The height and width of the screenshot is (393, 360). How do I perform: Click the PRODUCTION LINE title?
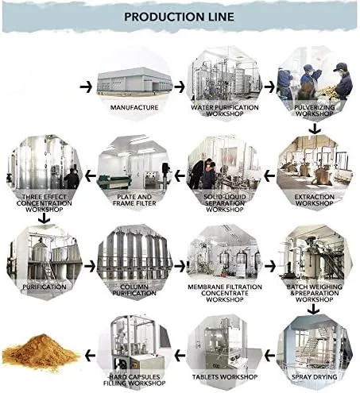[x=179, y=17]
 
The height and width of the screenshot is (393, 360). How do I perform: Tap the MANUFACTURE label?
[x=134, y=107]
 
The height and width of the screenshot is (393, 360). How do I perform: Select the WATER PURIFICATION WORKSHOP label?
[x=225, y=110]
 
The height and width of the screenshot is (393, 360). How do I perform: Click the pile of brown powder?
[x=41, y=351]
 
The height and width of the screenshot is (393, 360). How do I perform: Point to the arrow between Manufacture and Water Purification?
[x=180, y=87]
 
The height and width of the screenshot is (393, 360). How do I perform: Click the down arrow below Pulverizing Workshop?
[x=315, y=129]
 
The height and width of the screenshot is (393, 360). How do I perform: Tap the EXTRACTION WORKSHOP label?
[x=315, y=200]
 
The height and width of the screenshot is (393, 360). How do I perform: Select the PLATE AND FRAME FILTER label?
[x=134, y=200]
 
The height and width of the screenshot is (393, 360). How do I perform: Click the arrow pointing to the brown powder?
[x=90, y=356]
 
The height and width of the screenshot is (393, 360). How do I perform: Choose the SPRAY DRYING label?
[x=315, y=377]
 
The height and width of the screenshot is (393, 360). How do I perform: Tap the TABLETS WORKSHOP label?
[x=225, y=377]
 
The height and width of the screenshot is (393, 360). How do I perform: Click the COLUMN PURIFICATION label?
[x=134, y=290]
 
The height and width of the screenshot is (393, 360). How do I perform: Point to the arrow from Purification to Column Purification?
[x=90, y=266]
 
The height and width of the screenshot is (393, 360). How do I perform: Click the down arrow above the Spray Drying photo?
[x=314, y=309]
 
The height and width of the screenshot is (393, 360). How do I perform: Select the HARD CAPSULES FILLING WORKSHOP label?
[x=134, y=380]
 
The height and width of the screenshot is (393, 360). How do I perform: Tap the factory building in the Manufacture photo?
[x=134, y=80]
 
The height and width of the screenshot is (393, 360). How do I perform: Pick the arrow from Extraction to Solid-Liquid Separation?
[x=269, y=175]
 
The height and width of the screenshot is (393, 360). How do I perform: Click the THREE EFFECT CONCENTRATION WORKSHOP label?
[x=45, y=203]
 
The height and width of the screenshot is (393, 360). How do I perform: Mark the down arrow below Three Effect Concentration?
[x=45, y=218]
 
